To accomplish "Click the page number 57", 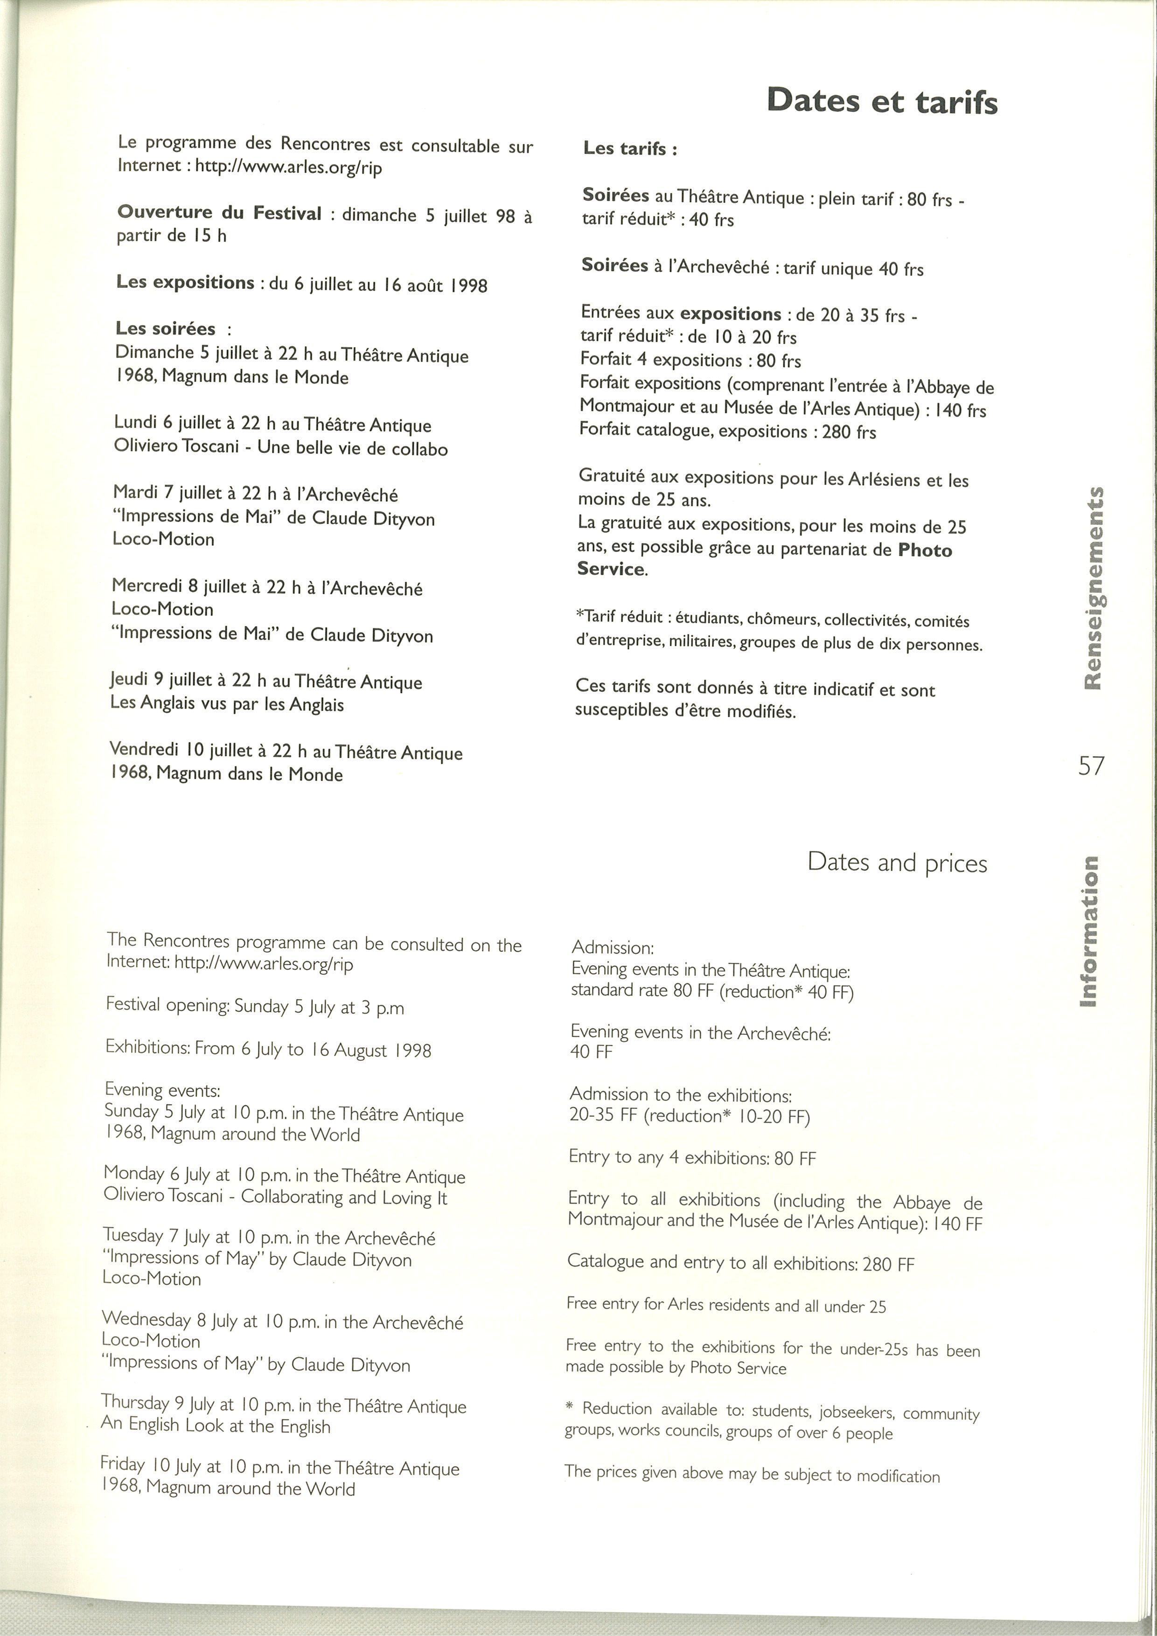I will [x=1091, y=766].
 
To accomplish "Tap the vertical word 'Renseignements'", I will [x=1093, y=588].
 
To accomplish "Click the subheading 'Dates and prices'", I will [x=897, y=863].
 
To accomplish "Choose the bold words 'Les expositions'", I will [x=185, y=283].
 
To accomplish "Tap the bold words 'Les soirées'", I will [x=165, y=328].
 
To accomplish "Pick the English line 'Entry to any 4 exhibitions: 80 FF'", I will [x=692, y=1158].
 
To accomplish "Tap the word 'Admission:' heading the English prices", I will [x=613, y=947].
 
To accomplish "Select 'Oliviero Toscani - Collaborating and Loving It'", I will [x=275, y=1197].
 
